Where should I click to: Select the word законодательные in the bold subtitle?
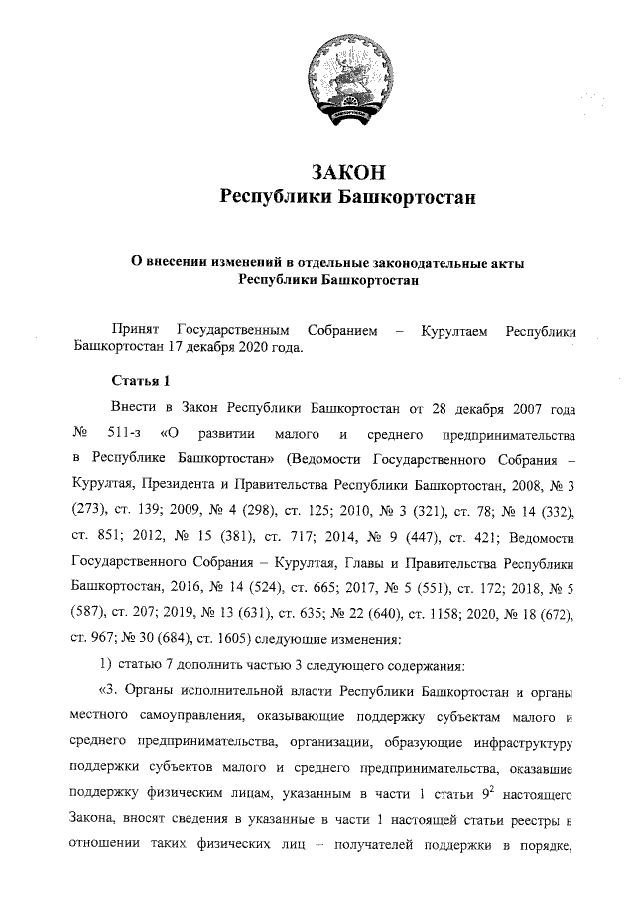click(x=402, y=263)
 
